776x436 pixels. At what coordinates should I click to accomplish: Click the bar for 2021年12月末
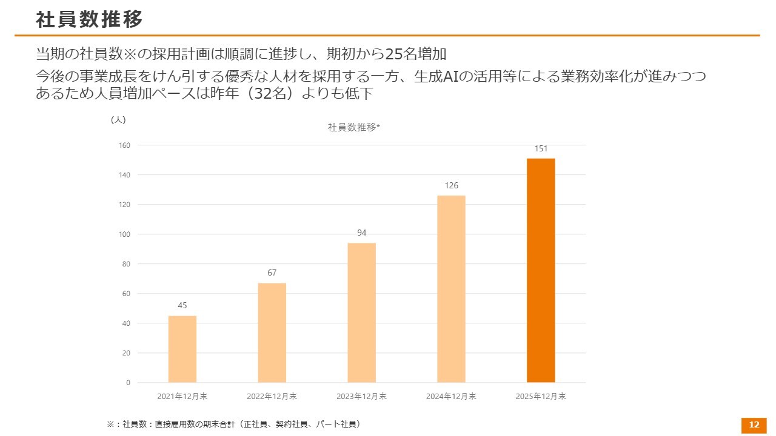[182, 349]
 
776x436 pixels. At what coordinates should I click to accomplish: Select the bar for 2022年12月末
[272, 332]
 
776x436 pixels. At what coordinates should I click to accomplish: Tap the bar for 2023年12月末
[361, 312]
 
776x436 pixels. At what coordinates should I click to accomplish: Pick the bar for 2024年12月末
[451, 289]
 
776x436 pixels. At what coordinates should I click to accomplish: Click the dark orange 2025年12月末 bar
[541, 270]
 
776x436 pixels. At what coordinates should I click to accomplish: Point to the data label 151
[541, 148]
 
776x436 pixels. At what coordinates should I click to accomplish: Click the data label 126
[451, 185]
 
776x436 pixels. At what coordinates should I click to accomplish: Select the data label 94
[361, 233]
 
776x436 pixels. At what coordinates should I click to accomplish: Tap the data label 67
[272, 273]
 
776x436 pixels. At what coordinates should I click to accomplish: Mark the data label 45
[182, 306]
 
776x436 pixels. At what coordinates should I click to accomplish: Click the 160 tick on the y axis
[125, 145]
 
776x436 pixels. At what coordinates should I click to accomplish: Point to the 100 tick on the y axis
[125, 234]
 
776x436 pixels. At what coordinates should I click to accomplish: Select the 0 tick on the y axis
[128, 383]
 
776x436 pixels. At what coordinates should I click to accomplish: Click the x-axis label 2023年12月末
[361, 397]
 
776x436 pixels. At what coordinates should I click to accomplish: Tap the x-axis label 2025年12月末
[541, 397]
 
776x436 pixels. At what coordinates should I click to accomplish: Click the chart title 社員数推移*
[353, 127]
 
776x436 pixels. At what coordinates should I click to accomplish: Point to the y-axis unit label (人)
[118, 120]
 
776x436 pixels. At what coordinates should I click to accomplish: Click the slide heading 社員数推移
[89, 19]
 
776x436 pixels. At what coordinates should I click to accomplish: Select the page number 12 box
[754, 425]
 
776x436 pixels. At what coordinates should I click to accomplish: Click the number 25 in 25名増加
[393, 54]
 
